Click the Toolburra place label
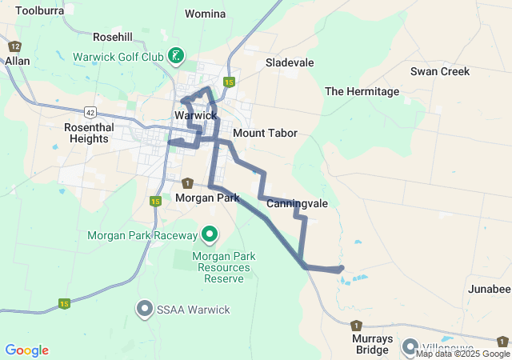39,10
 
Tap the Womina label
205,14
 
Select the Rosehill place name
112,37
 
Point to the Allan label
17,60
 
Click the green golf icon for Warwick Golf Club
175,56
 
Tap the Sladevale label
290,62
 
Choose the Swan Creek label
440,71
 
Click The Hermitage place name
362,91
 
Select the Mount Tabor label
265,133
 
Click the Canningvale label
297,203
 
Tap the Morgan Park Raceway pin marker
210,234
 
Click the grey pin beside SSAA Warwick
145,308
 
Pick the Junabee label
489,289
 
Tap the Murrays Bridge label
372,344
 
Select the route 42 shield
69,113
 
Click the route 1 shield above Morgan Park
187,183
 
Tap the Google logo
26,350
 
